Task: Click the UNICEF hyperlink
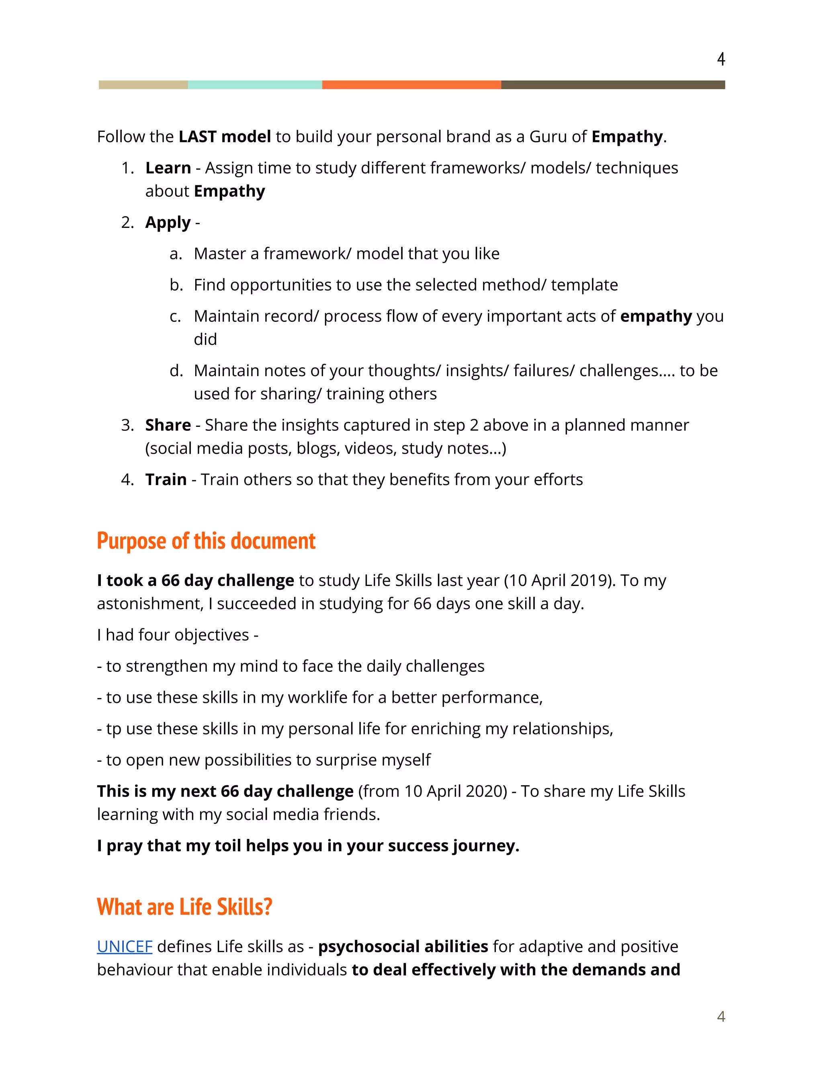pos(125,946)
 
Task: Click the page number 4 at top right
pos(721,59)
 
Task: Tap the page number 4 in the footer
pos(721,1016)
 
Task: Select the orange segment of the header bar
pos(411,85)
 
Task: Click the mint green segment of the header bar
pos(254,85)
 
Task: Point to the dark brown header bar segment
pos(612,85)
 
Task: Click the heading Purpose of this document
pos(206,541)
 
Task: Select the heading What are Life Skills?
pos(184,907)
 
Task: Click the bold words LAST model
pos(224,137)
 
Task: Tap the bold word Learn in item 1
pos(168,168)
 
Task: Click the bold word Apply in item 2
pos(168,223)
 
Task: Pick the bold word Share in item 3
pos(168,425)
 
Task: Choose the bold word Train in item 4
pos(166,480)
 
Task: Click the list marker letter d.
pos(175,371)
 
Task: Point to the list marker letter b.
pos(175,285)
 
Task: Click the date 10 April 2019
pos(558,581)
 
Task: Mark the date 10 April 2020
pos(455,791)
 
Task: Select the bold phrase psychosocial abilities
pos(403,946)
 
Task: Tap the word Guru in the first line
pos(548,137)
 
